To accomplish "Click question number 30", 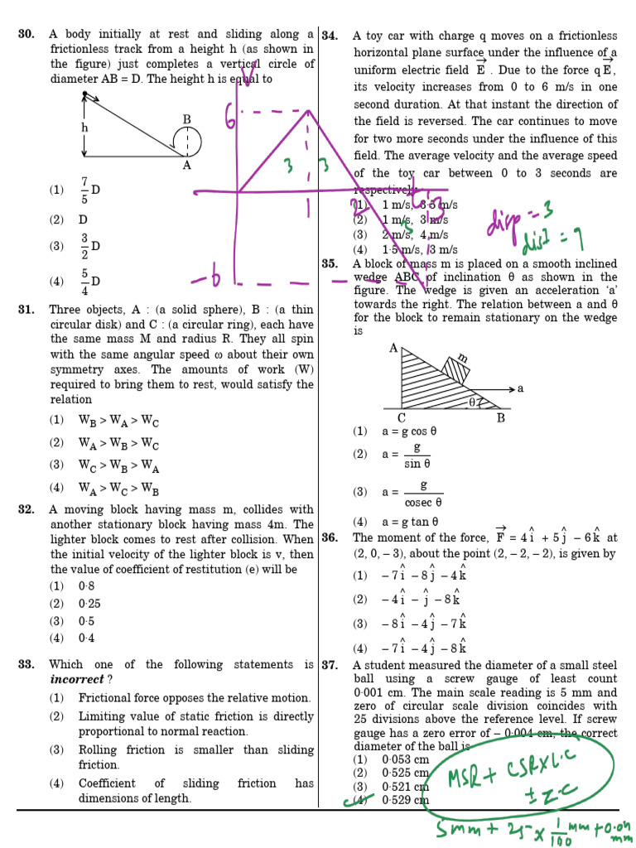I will click(26, 35).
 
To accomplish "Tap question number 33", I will click(26, 664).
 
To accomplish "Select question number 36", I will click(330, 537).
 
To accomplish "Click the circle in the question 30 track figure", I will click(188, 140).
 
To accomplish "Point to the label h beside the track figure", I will click(84, 128).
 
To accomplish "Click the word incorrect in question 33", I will click(77, 680).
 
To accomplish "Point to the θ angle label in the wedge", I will click(473, 402).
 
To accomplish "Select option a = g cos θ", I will click(409, 431).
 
